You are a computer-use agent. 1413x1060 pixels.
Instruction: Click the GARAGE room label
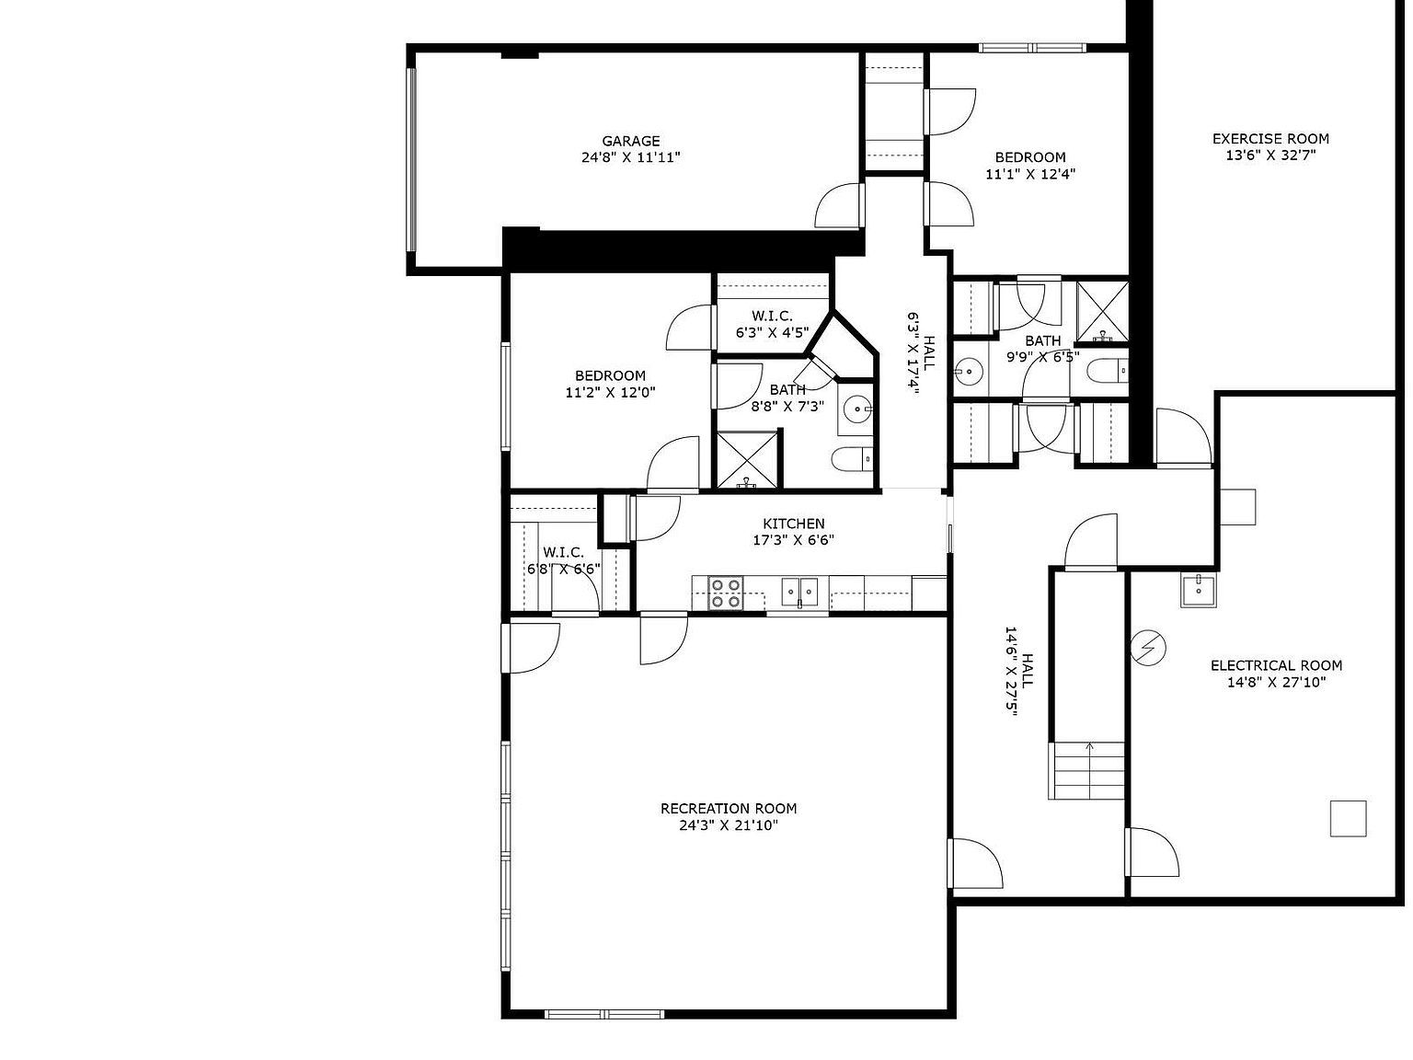(x=630, y=141)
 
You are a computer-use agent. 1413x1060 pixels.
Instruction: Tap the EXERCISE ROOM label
(x=1270, y=139)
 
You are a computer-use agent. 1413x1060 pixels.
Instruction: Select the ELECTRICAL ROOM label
(x=1276, y=665)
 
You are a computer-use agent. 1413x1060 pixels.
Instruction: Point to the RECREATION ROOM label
(x=729, y=809)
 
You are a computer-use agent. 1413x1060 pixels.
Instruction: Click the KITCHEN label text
(x=793, y=524)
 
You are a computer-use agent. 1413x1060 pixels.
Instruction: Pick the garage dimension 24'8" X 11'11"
(x=630, y=157)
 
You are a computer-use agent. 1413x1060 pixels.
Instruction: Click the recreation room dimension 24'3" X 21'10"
(x=729, y=826)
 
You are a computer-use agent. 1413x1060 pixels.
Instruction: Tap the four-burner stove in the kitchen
(x=725, y=593)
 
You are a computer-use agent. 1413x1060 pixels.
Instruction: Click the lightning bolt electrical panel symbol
(x=1148, y=648)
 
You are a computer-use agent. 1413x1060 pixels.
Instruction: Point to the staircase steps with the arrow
(x=1088, y=770)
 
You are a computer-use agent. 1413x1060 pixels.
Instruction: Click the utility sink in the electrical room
(x=1200, y=590)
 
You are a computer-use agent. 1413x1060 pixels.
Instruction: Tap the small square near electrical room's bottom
(x=1348, y=818)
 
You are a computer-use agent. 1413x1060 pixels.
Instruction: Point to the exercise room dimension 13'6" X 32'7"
(x=1270, y=156)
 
